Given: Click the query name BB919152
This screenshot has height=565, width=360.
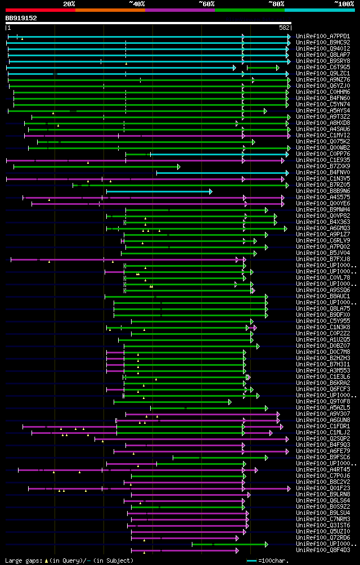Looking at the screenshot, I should click(x=21, y=18).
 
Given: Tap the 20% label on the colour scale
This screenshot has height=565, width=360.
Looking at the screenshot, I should click(x=69, y=3).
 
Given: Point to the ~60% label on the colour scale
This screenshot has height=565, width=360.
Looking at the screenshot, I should click(x=206, y=3).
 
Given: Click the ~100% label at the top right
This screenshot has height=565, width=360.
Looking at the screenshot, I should click(x=343, y=3).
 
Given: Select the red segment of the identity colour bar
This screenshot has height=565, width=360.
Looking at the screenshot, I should click(x=40, y=10).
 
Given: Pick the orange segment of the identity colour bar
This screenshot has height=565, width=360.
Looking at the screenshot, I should click(x=110, y=10).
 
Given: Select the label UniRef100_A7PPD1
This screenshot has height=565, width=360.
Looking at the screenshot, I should click(x=322, y=36).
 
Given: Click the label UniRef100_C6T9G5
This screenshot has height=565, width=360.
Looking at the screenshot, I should click(x=322, y=67).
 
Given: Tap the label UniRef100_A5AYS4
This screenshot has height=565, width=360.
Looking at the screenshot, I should click(x=322, y=110).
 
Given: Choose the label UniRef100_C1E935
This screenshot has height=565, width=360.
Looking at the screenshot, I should click(x=322, y=160).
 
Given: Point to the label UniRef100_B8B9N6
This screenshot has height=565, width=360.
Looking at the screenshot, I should click(x=322, y=191).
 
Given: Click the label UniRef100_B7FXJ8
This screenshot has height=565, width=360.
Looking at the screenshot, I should click(x=322, y=259).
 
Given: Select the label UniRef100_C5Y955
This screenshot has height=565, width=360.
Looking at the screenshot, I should click(x=322, y=321).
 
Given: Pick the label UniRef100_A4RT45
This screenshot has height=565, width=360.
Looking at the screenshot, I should click(x=322, y=469).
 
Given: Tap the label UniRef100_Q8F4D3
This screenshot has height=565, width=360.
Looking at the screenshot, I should click(x=322, y=550).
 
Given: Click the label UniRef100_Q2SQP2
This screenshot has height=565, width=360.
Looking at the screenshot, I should click(x=322, y=438).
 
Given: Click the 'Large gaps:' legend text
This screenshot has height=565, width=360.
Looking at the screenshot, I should click(x=22, y=560).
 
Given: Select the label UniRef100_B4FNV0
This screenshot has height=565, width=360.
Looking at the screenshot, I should click(x=322, y=172).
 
